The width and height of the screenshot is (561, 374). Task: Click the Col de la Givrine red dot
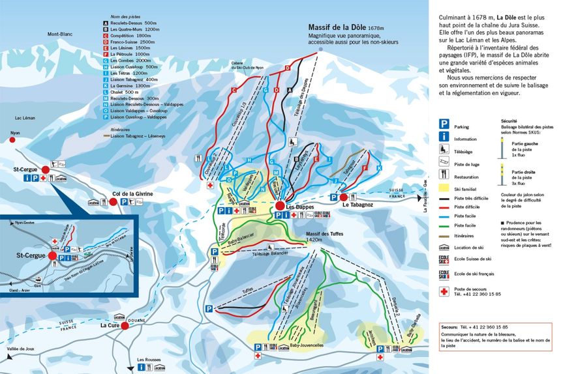click(113, 202)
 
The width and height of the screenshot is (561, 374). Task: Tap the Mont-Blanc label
click(59, 34)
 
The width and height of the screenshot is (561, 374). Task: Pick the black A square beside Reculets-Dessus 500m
click(106, 22)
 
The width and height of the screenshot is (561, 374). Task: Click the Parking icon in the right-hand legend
click(444, 122)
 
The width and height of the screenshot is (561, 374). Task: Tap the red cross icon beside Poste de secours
click(444, 291)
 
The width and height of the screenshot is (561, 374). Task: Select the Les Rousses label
click(149, 359)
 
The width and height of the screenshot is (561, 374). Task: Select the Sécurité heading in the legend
click(509, 121)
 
